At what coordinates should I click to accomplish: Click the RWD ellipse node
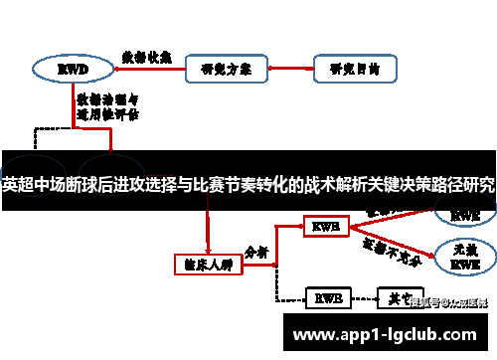coord(73,70)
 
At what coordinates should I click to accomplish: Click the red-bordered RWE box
coord(326,228)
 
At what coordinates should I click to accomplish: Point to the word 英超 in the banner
coord(17,184)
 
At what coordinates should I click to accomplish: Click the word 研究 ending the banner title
coord(478,184)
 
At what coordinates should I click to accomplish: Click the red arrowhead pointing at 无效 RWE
coord(432,253)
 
